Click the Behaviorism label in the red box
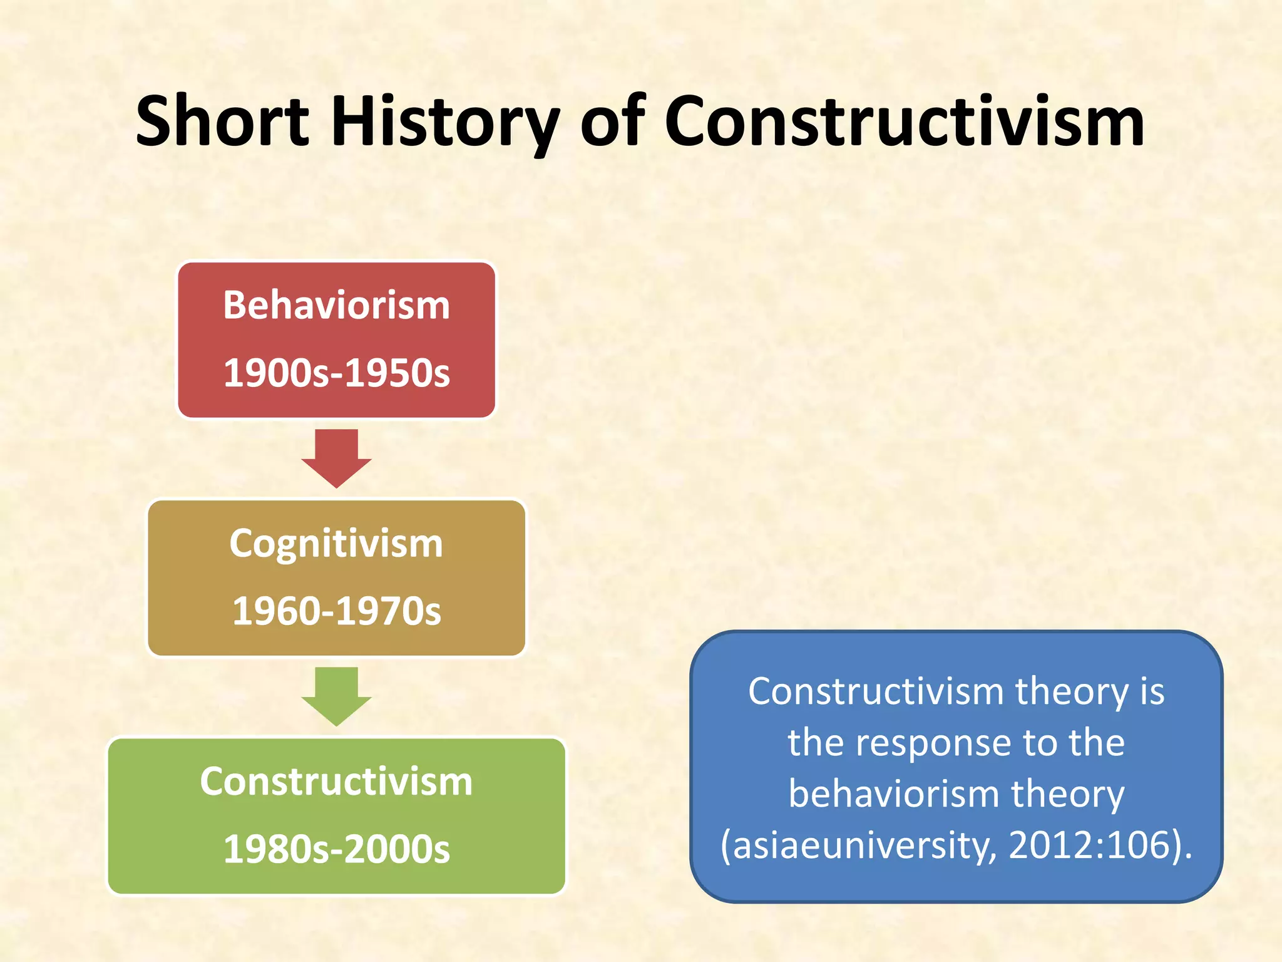337,306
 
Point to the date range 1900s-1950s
337,373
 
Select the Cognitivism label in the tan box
337,543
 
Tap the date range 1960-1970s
337,611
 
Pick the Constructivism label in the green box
337,782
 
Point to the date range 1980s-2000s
337,849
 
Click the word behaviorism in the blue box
894,794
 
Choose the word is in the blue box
1152,691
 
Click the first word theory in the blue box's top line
1072,691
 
